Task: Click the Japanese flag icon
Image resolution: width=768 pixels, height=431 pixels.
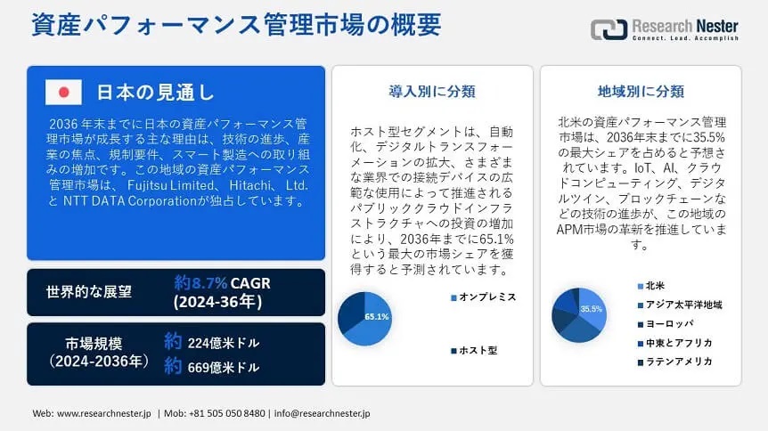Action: click(x=63, y=92)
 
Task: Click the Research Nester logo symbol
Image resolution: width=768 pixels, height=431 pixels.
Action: click(x=609, y=29)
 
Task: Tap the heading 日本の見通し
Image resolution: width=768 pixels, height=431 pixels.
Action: click(x=155, y=92)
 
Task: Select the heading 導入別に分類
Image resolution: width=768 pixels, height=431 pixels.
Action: click(x=432, y=91)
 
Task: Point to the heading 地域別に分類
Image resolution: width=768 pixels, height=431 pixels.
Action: click(x=641, y=91)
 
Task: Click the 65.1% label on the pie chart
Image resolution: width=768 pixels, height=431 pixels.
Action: click(x=377, y=317)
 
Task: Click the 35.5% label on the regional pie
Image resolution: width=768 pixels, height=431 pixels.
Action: click(x=592, y=309)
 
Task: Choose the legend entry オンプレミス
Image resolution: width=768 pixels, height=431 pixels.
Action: click(x=484, y=297)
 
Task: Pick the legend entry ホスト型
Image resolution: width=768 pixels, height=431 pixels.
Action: click(x=474, y=350)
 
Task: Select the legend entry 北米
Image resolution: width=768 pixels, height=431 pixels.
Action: click(x=651, y=286)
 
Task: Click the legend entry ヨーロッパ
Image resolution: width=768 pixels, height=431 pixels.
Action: click(x=666, y=324)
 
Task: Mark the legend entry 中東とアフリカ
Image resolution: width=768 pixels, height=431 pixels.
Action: click(x=675, y=343)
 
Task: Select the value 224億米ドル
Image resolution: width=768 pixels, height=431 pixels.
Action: click(x=224, y=343)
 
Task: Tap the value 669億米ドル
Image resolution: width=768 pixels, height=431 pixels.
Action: click(x=224, y=367)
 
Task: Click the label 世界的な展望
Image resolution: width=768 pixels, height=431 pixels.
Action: click(x=89, y=292)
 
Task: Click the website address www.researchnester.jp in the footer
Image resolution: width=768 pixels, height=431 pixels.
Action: click(x=104, y=413)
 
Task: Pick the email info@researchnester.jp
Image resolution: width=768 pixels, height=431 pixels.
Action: click(x=322, y=413)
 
